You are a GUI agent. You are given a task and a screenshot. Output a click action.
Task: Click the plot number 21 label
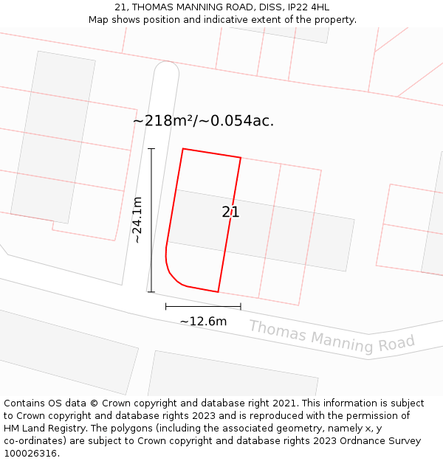230,212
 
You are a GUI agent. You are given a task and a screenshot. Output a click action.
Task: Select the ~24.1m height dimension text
137,220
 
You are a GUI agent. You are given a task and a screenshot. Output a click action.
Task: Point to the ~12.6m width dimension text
203,321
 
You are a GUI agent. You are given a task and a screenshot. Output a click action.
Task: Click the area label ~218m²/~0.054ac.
203,121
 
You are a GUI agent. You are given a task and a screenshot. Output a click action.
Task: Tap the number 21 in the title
121,7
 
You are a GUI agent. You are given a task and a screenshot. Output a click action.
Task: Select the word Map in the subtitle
100,20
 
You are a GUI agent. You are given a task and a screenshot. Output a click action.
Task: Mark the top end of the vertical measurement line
151,149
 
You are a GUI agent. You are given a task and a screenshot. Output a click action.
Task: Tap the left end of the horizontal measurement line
166,306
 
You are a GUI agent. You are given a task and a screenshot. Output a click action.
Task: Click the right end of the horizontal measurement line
241,306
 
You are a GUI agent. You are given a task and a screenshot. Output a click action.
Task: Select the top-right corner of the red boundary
241,157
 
